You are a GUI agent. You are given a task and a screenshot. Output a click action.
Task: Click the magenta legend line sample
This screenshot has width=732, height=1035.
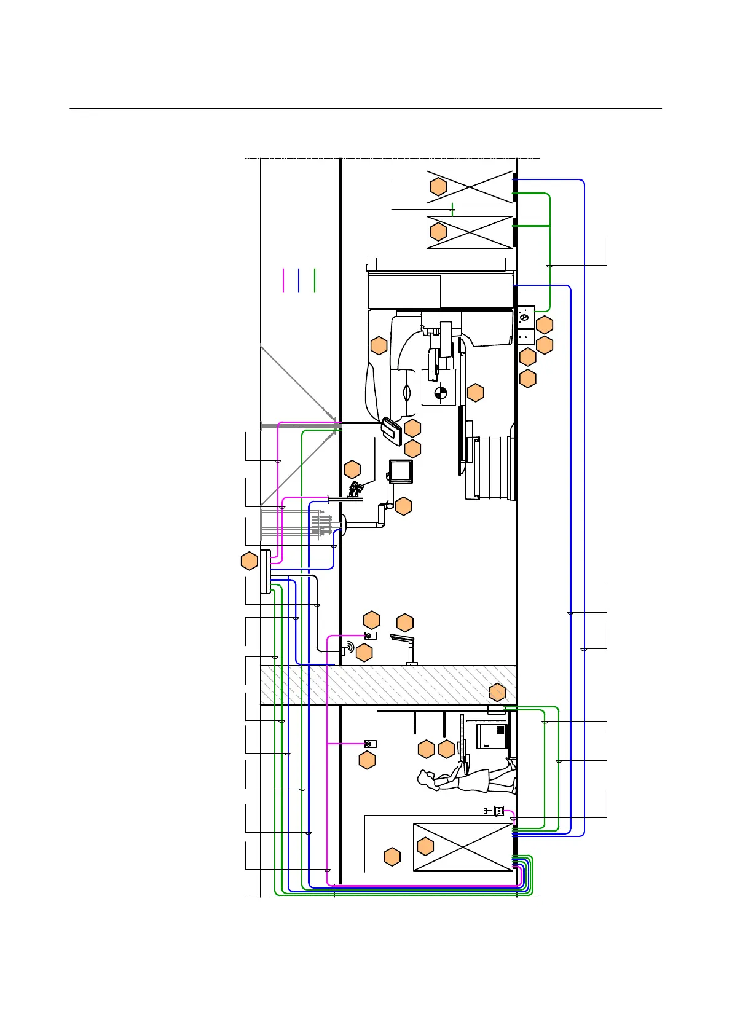[x=283, y=280]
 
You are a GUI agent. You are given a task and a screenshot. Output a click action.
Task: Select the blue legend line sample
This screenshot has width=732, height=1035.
[x=299, y=280]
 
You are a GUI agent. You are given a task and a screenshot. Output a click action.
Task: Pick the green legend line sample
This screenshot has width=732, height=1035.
[x=315, y=280]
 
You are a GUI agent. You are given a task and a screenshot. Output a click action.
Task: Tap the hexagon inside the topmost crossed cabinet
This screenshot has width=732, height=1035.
[x=438, y=187]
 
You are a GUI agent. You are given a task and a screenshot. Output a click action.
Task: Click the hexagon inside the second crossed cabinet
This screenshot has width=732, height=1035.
[x=438, y=232]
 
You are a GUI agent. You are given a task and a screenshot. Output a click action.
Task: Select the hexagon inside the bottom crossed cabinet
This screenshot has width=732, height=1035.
[x=425, y=846]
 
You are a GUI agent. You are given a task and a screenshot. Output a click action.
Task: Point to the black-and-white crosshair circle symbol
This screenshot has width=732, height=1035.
[x=441, y=392]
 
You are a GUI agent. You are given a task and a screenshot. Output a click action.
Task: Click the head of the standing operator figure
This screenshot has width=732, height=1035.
[x=424, y=780]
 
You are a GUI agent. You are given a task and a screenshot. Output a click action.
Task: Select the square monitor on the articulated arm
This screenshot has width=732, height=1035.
[x=401, y=471]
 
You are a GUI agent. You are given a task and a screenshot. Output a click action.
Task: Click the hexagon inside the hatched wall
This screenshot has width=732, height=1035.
[x=497, y=692]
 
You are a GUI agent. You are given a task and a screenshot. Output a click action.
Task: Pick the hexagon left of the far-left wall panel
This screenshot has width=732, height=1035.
[x=249, y=561]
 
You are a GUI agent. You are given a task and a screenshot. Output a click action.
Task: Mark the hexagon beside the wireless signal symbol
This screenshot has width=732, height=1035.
[x=364, y=652]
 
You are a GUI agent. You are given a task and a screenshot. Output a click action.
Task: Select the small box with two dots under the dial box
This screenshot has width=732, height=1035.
[x=525, y=337]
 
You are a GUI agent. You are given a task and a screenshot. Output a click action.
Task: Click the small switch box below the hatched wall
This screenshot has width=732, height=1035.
[x=370, y=744]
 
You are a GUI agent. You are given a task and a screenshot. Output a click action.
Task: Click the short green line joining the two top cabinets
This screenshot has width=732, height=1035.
[x=453, y=209]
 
